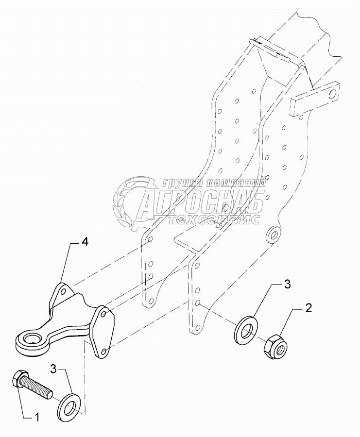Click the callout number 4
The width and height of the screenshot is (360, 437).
point(85,241)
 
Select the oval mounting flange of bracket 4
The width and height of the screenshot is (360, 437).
point(103,331)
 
